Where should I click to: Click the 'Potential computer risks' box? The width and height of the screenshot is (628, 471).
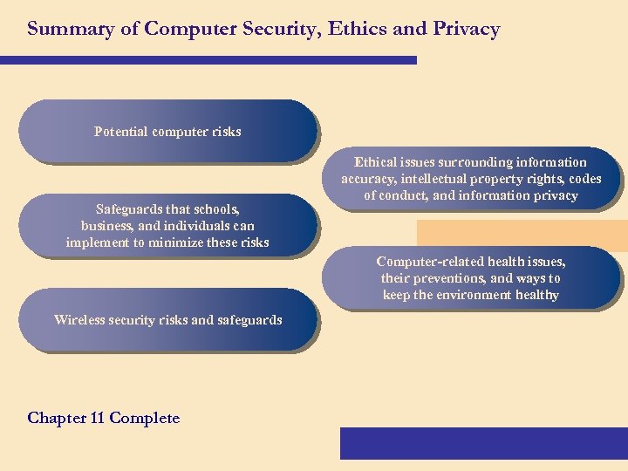tap(167, 132)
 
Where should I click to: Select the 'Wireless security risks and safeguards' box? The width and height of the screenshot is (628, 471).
tap(167, 320)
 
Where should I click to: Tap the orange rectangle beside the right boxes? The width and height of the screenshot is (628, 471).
tap(522, 233)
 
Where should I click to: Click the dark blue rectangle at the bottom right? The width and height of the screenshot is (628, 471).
tap(483, 443)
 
